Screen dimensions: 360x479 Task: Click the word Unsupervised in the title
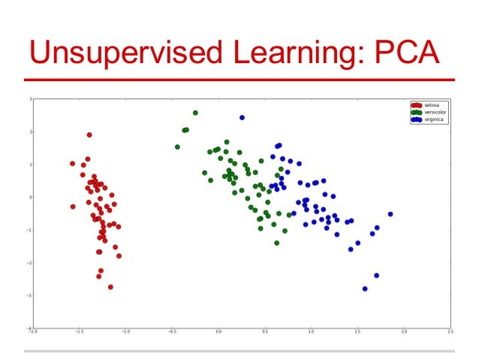pyautogui.click(x=109, y=53)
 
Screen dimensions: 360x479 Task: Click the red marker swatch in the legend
pyautogui.click(x=416, y=104)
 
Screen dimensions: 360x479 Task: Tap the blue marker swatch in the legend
pyautogui.click(x=416, y=119)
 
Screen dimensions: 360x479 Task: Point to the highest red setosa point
pyautogui.click(x=89, y=135)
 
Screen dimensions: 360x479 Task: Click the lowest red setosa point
pyautogui.click(x=110, y=287)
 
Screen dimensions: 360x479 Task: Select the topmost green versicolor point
pyautogui.click(x=195, y=113)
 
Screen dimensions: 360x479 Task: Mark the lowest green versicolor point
pyautogui.click(x=276, y=243)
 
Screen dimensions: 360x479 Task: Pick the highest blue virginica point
pyautogui.click(x=242, y=117)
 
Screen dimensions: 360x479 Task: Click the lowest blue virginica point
pyautogui.click(x=365, y=289)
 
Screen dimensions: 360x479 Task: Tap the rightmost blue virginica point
pyautogui.click(x=390, y=214)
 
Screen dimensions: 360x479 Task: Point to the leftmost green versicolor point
pyautogui.click(x=177, y=147)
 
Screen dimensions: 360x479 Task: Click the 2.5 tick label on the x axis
pyautogui.click(x=450, y=331)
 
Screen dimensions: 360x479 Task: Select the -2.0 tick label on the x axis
pyautogui.click(x=33, y=331)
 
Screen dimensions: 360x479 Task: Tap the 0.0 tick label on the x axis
pyautogui.click(x=218, y=331)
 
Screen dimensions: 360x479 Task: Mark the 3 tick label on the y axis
pyautogui.click(x=29, y=99)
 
